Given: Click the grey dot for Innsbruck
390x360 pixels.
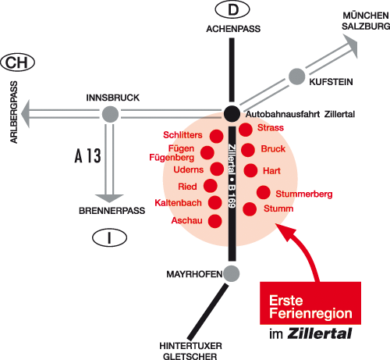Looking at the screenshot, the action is (x=110, y=114).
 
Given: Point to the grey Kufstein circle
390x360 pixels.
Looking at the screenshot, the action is (x=296, y=77).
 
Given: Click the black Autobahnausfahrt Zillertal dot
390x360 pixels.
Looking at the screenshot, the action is (x=232, y=114).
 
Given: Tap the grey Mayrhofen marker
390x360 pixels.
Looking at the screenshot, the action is (x=232, y=273).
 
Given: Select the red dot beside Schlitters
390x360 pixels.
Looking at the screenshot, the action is (x=216, y=136).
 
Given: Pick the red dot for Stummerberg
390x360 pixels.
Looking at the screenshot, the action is (x=264, y=192).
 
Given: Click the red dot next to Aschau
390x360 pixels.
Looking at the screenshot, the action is (x=215, y=221).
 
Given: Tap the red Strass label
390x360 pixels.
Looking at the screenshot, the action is (x=271, y=127).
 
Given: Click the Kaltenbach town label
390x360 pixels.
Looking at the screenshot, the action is (x=178, y=203).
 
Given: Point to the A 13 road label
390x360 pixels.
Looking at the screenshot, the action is (x=88, y=155).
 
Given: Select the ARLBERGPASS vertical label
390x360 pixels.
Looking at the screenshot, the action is (x=14, y=112).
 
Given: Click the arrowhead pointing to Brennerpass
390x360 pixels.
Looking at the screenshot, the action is (x=109, y=198).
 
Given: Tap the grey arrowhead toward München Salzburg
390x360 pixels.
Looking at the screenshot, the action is (x=351, y=45).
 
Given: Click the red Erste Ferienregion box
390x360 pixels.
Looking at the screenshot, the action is (x=310, y=303).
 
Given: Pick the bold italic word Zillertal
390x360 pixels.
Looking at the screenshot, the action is (x=320, y=333).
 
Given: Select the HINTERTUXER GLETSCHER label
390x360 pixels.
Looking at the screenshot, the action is (x=190, y=351).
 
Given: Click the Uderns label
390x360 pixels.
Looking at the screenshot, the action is (x=188, y=169).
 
